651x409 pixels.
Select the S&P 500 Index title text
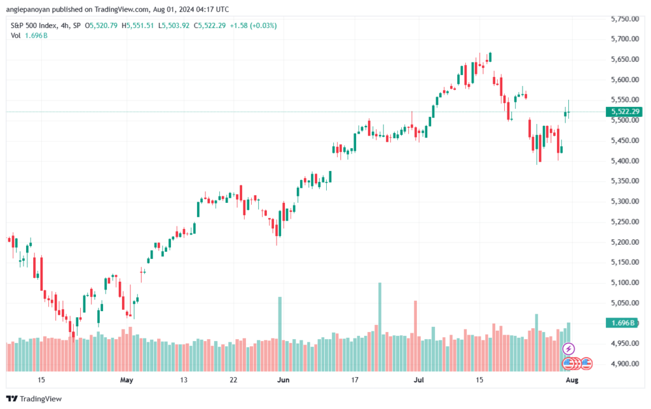click(x=35, y=25)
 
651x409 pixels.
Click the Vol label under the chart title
click(x=16, y=36)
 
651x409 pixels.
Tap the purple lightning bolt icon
click(x=568, y=349)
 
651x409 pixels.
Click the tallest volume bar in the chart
click(x=380, y=324)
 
